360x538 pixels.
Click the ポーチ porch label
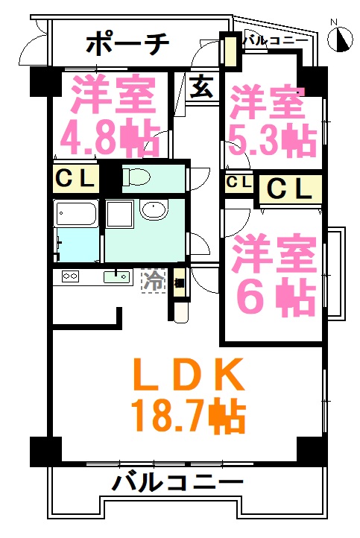click(x=127, y=44)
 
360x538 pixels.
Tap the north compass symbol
click(x=340, y=38)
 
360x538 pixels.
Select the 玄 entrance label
click(x=202, y=86)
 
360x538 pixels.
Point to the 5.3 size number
click(x=256, y=139)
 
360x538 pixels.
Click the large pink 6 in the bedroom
click(x=253, y=296)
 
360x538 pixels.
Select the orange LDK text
click(x=189, y=374)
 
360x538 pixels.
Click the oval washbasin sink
click(x=154, y=209)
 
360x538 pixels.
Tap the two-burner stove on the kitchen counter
click(x=70, y=276)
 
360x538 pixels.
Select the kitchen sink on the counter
click(x=117, y=276)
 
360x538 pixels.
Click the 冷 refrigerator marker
click(x=153, y=280)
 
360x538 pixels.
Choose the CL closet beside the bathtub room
click(x=75, y=179)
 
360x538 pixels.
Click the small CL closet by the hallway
click(x=239, y=182)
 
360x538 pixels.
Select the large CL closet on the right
click(x=291, y=188)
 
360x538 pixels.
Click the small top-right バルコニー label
click(x=276, y=41)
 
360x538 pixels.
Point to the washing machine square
click(x=119, y=214)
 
